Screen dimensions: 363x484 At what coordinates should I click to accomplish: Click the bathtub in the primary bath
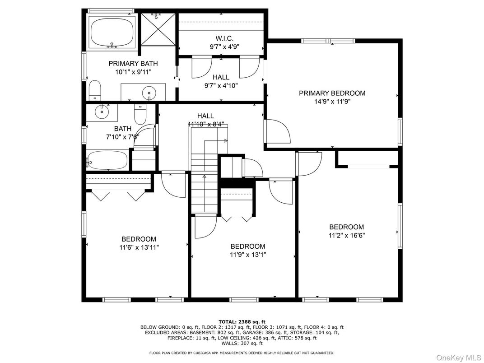112,32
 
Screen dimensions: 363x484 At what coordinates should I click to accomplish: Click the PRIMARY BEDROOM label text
332,93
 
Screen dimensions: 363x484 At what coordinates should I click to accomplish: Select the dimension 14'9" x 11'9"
332,102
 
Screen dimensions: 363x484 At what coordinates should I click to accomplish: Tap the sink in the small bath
102,111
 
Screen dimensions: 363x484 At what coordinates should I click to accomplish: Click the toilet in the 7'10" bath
140,115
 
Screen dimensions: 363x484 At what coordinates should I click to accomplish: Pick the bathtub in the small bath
107,160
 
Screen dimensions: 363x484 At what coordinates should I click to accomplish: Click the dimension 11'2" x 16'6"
346,235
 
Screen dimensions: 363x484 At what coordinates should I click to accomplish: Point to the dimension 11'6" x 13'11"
139,247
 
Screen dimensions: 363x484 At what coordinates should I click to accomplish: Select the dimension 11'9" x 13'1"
248,255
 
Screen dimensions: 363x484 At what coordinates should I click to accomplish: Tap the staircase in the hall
204,181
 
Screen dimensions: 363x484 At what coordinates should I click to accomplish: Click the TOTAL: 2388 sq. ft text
242,321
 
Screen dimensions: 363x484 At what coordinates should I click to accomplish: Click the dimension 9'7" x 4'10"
221,85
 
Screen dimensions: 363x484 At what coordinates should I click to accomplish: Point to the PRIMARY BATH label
133,64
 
